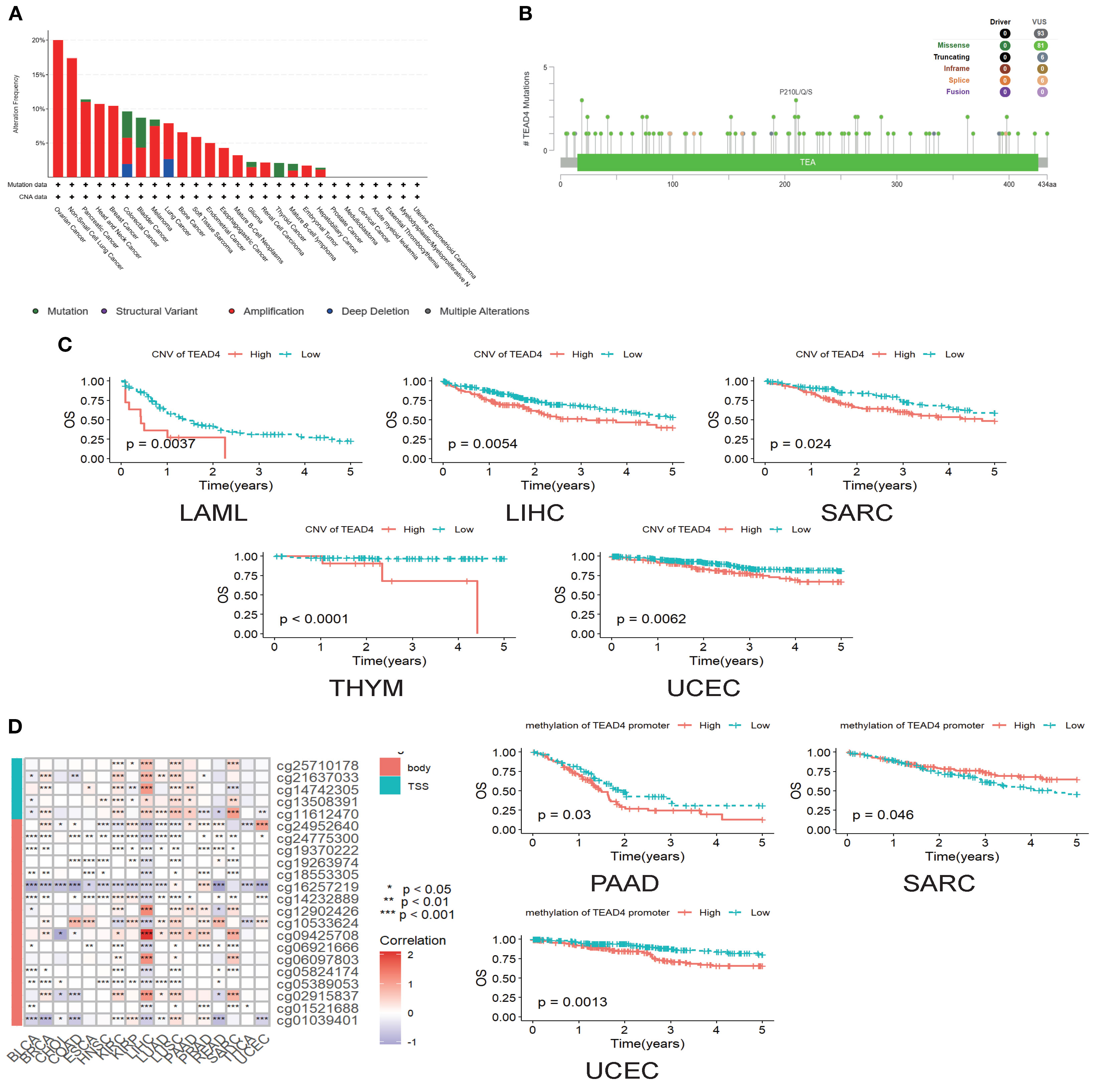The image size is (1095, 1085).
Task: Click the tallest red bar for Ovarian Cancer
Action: tap(58, 107)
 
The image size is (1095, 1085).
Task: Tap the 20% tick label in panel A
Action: tap(38, 40)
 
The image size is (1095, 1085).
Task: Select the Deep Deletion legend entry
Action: tap(375, 311)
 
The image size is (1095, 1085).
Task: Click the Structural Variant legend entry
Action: tap(156, 311)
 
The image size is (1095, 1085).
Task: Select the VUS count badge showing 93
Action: tap(1040, 33)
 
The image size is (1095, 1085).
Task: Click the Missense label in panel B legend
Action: tap(953, 45)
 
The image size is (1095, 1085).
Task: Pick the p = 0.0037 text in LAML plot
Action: tap(160, 444)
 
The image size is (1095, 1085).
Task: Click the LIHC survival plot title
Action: tap(534, 513)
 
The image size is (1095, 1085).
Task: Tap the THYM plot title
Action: tap(366, 688)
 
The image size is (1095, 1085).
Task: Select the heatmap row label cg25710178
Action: tap(317, 766)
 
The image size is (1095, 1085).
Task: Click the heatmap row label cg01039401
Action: tap(317, 1020)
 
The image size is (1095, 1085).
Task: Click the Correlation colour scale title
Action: tap(413, 940)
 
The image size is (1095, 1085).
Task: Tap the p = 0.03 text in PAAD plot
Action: tap(564, 815)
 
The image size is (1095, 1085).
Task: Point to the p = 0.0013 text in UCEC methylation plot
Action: tap(572, 1002)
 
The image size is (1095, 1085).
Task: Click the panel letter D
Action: tap(15, 726)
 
